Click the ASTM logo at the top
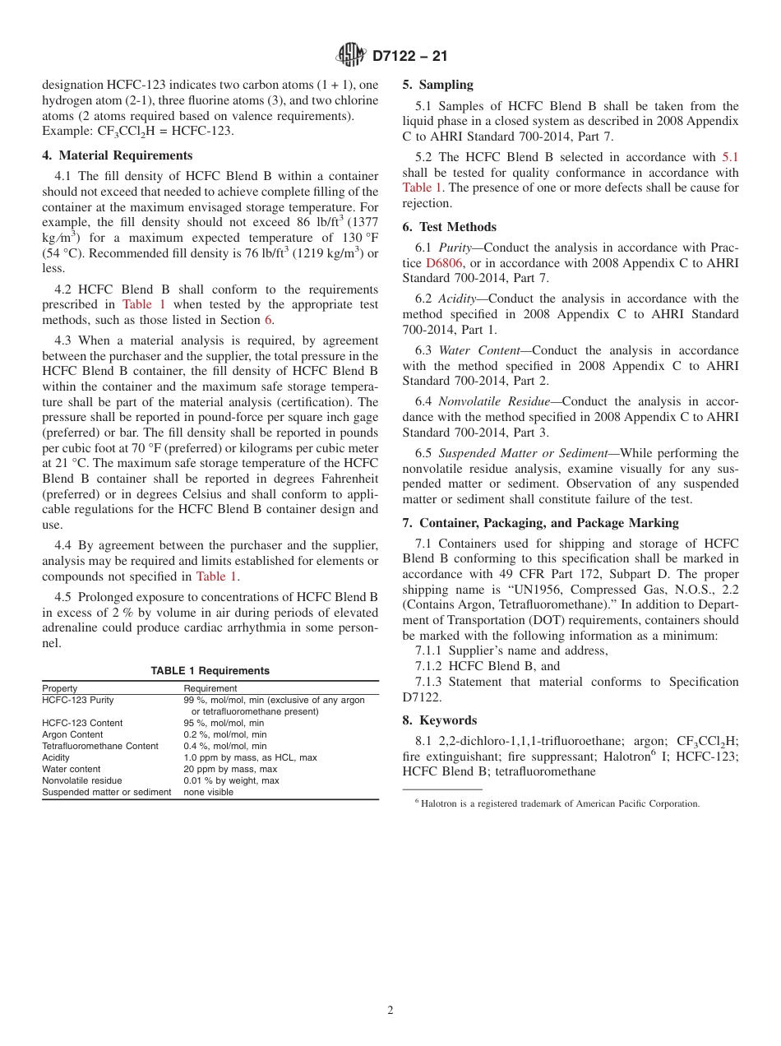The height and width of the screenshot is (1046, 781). coord(351,55)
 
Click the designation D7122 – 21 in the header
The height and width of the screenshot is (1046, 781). coord(409,56)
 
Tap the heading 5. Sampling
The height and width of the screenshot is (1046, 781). coord(437,85)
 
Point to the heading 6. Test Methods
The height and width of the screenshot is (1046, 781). coord(449,227)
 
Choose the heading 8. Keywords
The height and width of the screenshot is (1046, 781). coord(439,720)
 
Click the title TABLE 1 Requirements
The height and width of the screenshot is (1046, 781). coord(210,671)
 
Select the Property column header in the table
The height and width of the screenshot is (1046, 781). coord(60,688)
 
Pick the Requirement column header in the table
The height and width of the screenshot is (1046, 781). coord(210,688)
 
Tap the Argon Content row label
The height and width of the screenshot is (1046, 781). coord(72,734)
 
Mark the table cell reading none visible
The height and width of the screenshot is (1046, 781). coord(208,792)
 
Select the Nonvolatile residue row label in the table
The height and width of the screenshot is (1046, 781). coord(81,780)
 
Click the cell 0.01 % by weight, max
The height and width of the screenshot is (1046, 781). coord(231,780)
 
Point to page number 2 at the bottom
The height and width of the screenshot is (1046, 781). coord(390,1011)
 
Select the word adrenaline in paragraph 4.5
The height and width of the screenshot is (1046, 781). coord(76,627)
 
